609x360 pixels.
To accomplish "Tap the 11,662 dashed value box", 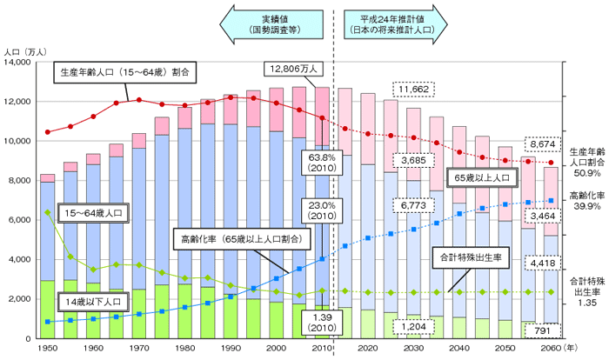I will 409,90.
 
